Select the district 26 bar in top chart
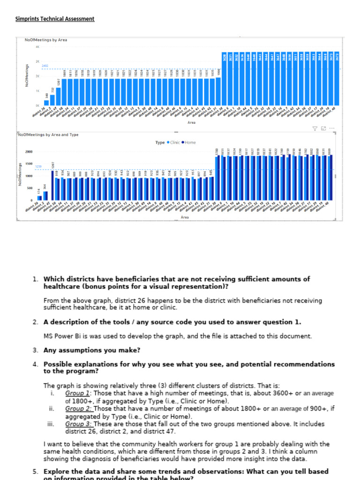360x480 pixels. pos(46,103)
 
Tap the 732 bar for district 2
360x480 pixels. pos(52,100)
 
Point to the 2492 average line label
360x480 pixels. pos(45,66)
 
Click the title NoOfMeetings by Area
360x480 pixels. pos(46,40)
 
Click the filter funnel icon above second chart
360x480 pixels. pos(315,128)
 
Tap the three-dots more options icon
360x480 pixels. pos(332,128)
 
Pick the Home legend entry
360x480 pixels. pos(189,142)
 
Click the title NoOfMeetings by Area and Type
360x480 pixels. pos(48,135)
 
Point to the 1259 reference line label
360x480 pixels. pos(39,166)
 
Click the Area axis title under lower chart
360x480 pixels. pos(185,217)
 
